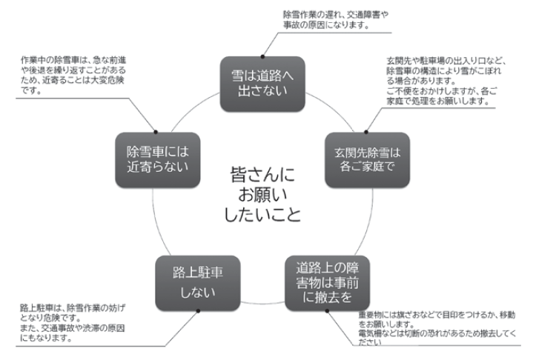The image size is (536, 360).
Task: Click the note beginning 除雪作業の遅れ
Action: click(x=327, y=20)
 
